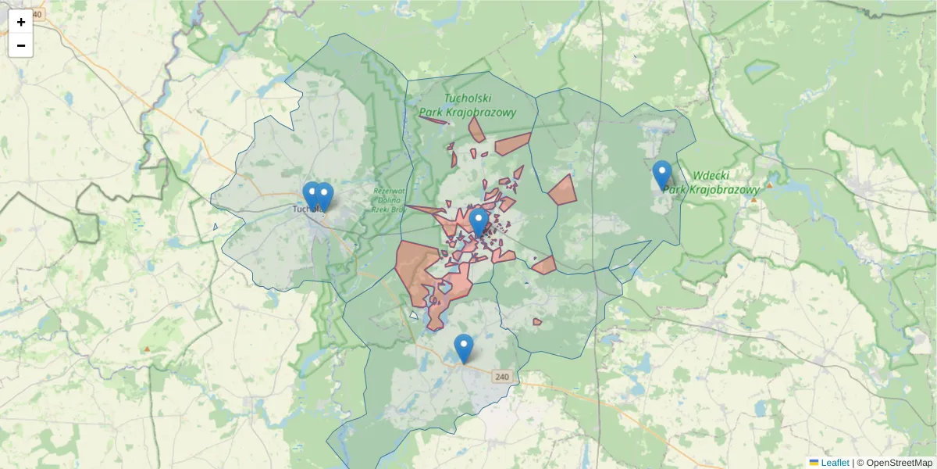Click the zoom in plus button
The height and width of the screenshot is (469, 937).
point(21,22)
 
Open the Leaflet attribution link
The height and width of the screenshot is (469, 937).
point(835,463)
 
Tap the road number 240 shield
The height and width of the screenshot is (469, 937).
point(502,377)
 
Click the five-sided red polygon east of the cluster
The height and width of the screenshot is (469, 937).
point(562,190)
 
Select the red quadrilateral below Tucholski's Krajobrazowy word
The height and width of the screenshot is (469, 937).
point(513,143)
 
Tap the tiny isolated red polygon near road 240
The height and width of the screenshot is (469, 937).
point(537,321)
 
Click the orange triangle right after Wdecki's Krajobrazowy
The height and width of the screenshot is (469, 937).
point(769,185)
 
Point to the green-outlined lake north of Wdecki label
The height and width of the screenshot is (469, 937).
point(757,72)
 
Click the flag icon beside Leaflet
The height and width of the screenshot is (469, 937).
point(814,463)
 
